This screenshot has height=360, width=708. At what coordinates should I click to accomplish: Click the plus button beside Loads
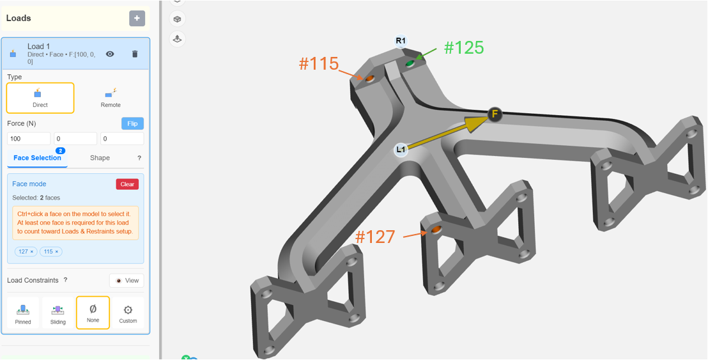point(137,19)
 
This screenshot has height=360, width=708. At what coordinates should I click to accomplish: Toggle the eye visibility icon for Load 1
point(110,54)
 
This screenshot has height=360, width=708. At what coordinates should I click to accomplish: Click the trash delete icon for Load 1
point(135,54)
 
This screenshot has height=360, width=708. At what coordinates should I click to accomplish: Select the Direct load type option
point(40,98)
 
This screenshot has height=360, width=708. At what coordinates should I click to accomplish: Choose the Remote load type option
point(111,98)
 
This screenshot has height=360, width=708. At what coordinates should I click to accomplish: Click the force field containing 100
point(29,139)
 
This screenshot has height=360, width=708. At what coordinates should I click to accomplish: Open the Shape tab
point(100,158)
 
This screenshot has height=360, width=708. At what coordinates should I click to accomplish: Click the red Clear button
point(127,184)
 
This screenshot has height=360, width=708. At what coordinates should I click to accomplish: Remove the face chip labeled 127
point(31,251)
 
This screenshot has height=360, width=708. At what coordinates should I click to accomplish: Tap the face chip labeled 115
point(51,251)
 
